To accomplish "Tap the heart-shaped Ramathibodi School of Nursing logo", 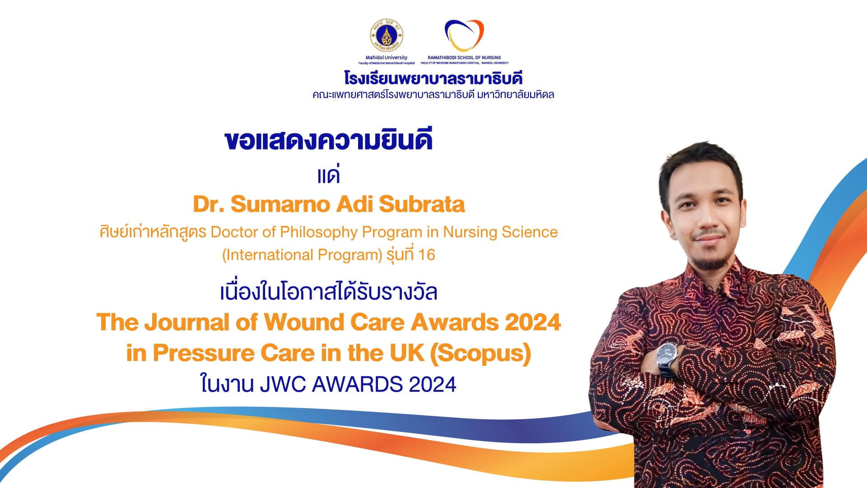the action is pyautogui.click(x=464, y=35).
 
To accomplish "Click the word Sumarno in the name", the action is pyautogui.click(x=281, y=204).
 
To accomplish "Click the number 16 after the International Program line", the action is pyautogui.click(x=426, y=255).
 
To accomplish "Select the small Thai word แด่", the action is pyautogui.click(x=328, y=174).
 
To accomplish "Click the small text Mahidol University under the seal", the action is pyautogui.click(x=386, y=57).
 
